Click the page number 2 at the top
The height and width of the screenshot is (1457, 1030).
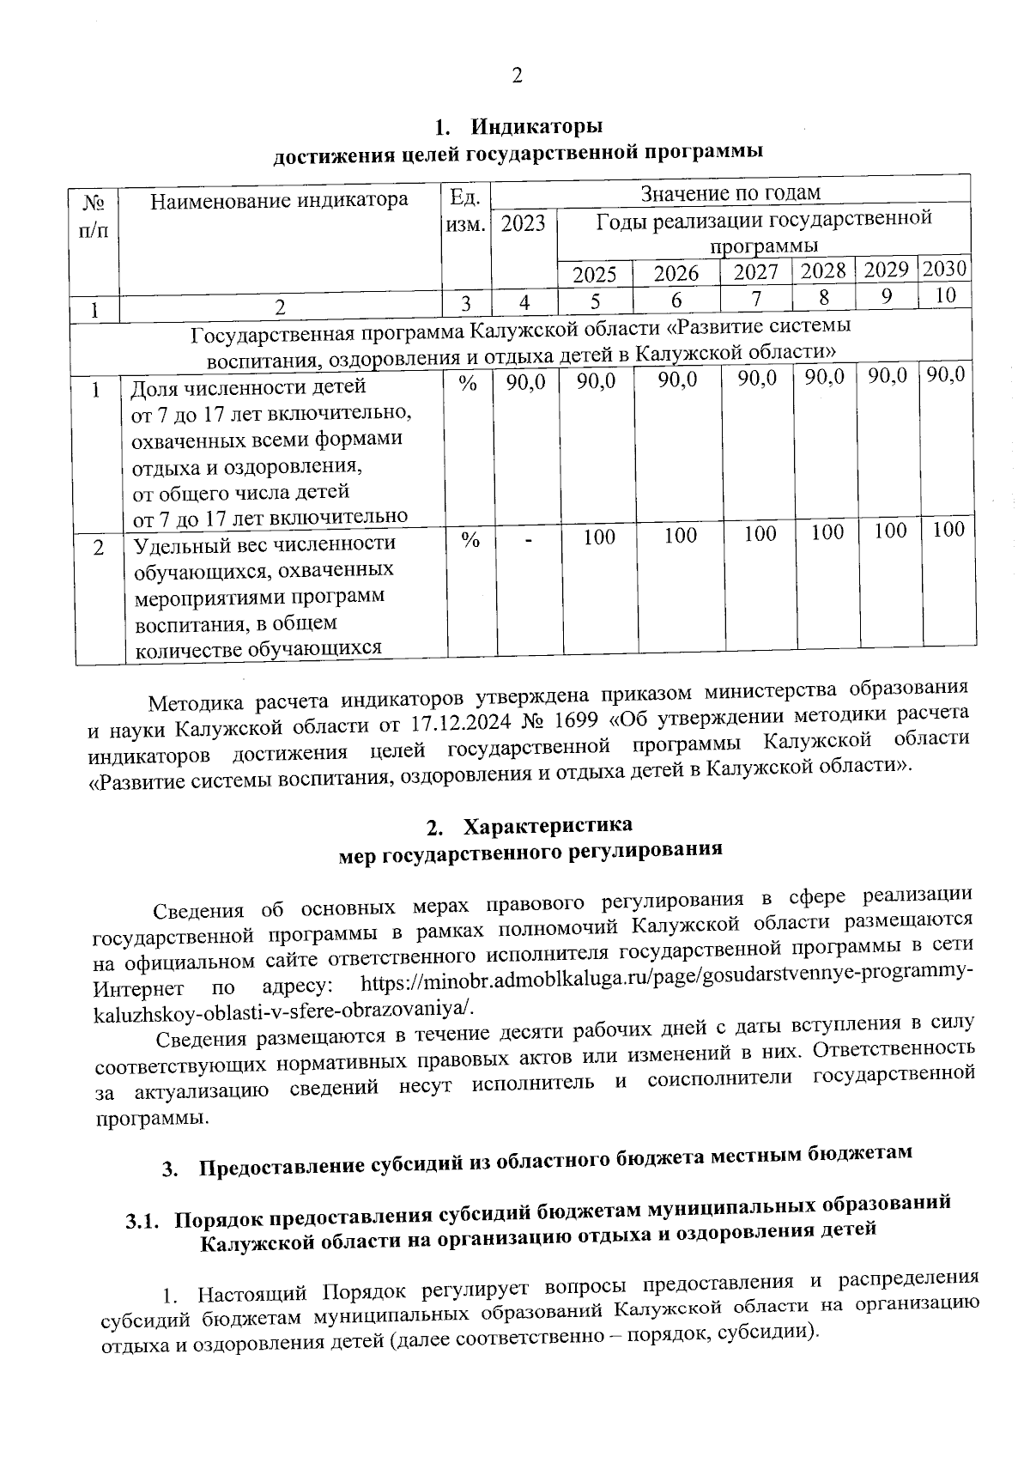[x=517, y=76]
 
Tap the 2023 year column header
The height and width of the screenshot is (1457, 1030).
[x=524, y=224]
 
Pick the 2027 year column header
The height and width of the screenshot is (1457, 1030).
[x=756, y=272]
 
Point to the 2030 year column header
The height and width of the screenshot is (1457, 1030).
[x=944, y=269]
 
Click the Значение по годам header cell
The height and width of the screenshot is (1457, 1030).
[x=731, y=192]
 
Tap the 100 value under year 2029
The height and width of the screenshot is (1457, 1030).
[x=890, y=531]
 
